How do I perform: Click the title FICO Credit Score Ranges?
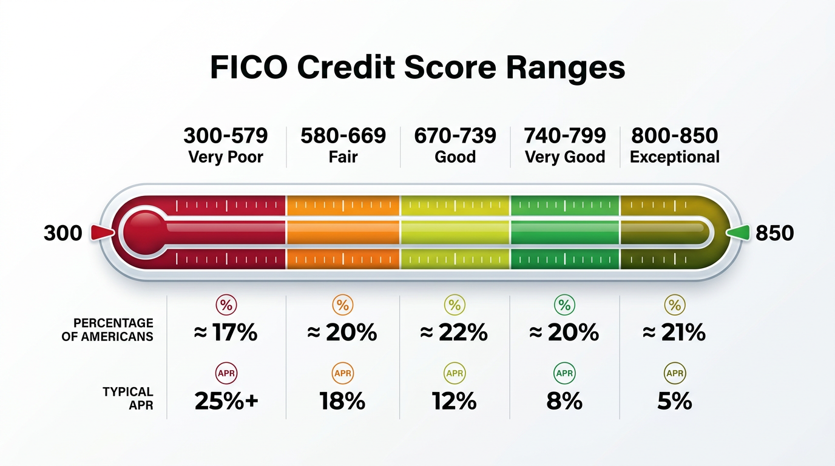[x=417, y=68]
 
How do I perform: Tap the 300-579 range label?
[x=226, y=135]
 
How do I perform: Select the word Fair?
[x=343, y=157]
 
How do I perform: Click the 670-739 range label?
[x=455, y=135]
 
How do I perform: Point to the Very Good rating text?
[x=565, y=157]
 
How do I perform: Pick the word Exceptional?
[x=675, y=157]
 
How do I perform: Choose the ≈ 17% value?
[x=226, y=333]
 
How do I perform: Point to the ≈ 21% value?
[x=675, y=333]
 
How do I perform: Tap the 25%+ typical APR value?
[x=226, y=401]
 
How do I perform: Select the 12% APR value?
[x=455, y=401]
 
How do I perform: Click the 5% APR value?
[x=675, y=401]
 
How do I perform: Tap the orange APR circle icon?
[x=343, y=373]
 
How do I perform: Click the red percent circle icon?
[x=226, y=305]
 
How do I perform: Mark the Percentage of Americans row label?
[x=107, y=329]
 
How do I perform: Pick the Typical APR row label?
[x=128, y=399]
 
